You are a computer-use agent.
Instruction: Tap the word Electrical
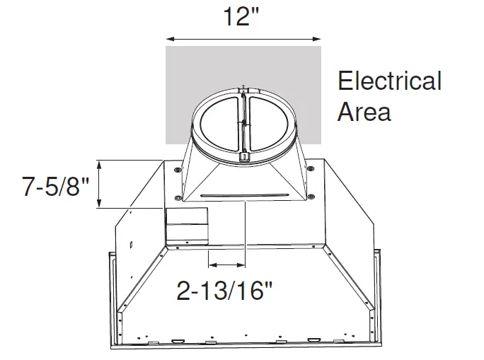tap(389, 81)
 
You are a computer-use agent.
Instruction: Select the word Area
tap(364, 112)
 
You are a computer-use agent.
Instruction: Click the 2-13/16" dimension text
tap(224, 291)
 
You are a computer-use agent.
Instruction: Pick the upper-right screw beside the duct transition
tap(311, 168)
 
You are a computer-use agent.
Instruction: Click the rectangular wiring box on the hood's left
tap(187, 225)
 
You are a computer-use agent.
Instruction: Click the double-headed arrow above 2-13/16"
tap(226, 267)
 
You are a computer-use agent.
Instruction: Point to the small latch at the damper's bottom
tap(243, 155)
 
